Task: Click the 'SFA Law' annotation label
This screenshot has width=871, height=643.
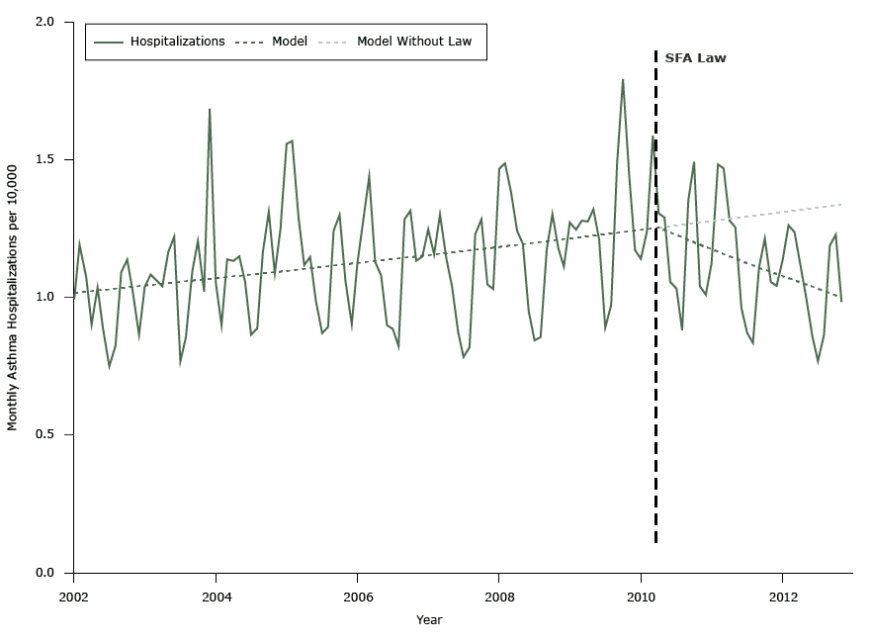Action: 695,58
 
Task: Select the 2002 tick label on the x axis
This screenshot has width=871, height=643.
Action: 73,597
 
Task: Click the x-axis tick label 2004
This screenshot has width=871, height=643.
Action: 216,597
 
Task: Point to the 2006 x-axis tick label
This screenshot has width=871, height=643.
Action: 357,597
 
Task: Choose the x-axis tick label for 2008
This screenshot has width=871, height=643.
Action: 499,597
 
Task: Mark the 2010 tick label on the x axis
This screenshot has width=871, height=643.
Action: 641,597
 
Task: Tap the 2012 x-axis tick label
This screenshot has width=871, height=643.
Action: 783,597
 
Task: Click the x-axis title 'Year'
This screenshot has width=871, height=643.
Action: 429,620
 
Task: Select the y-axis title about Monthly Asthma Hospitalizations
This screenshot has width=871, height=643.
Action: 13,297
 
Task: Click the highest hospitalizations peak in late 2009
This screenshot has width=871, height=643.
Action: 623,80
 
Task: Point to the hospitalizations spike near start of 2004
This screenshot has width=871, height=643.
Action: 210,110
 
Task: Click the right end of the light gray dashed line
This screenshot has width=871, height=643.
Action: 841,205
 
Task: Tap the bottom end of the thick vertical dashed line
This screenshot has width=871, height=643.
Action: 655,542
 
